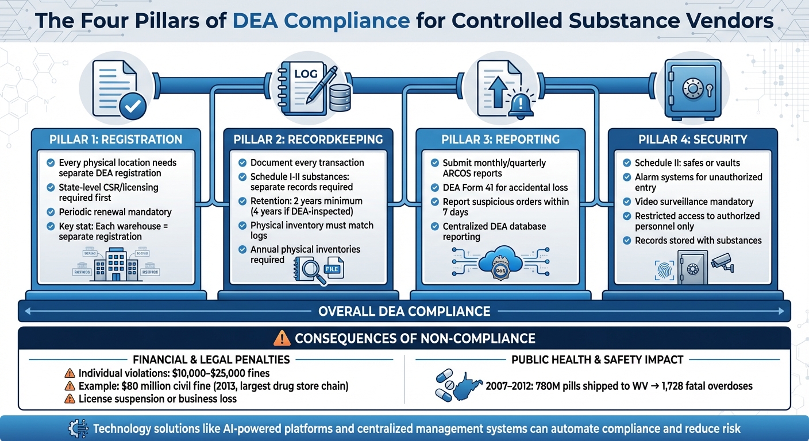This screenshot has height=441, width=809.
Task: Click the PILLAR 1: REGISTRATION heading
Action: tap(117, 140)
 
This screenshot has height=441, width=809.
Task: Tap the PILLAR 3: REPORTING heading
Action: tap(500, 140)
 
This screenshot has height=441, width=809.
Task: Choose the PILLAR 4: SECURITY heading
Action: tap(692, 140)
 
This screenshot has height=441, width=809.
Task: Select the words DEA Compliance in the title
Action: tap(321, 21)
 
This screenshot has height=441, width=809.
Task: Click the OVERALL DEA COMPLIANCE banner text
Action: tap(404, 312)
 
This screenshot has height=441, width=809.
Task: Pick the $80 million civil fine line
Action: tap(213, 386)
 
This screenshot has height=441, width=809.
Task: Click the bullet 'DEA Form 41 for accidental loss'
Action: tap(504, 187)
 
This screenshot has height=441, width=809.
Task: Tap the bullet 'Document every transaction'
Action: tap(307, 163)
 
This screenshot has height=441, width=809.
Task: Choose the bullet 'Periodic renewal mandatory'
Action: tap(115, 211)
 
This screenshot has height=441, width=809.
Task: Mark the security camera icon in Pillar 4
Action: tap(722, 262)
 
